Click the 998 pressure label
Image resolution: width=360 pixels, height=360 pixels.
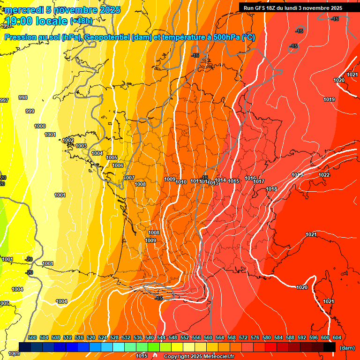22,97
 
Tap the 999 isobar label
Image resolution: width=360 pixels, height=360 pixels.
30,111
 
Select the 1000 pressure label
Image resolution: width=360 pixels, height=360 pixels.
40,126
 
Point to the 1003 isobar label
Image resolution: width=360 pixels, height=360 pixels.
81,146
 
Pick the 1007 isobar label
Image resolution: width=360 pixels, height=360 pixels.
129,178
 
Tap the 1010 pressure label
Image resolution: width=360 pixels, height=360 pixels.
181,182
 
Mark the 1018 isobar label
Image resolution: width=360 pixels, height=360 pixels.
271,189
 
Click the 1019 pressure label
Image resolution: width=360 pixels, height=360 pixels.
329,99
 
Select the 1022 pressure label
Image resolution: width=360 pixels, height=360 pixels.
324,175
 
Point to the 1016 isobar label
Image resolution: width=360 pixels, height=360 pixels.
250,178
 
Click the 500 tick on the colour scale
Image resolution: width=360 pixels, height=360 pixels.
32,337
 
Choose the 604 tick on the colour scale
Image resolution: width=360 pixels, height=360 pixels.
337,337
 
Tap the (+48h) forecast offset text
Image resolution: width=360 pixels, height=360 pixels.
81,21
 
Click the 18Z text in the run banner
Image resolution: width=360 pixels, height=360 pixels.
271,8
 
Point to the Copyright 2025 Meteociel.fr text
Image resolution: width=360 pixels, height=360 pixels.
199,357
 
